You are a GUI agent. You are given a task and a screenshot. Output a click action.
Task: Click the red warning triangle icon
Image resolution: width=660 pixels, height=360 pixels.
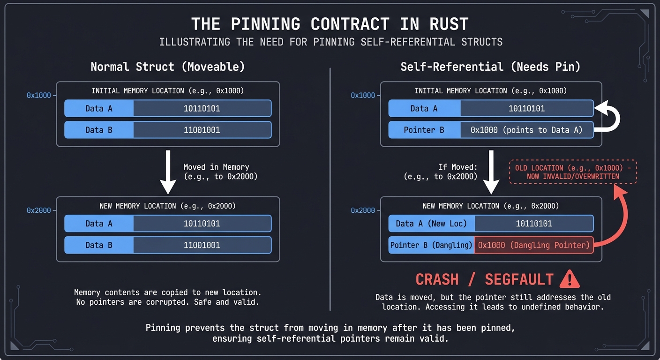(570, 279)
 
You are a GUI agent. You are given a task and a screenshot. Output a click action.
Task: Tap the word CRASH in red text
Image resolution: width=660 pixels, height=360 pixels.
(437, 279)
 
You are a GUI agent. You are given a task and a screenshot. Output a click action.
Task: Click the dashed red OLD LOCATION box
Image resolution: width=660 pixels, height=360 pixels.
(573, 172)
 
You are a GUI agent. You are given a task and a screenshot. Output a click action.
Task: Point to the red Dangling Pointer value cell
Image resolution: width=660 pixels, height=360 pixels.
(534, 245)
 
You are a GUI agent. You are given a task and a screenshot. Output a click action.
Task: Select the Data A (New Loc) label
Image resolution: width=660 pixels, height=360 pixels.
(432, 224)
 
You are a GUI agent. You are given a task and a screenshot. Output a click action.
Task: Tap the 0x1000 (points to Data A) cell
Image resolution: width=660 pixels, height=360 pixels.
(526, 130)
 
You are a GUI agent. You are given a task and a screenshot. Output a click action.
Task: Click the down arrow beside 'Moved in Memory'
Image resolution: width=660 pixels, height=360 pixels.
(167, 172)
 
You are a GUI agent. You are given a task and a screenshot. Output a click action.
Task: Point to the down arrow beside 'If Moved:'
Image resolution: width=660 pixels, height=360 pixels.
(491, 172)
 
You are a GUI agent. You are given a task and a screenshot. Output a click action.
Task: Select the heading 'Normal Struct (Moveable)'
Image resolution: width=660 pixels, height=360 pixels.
(167, 67)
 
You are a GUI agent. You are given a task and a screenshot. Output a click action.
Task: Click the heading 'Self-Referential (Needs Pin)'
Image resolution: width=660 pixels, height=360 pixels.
(490, 67)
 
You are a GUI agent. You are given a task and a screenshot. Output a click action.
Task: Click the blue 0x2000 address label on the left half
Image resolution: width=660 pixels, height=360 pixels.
(38, 210)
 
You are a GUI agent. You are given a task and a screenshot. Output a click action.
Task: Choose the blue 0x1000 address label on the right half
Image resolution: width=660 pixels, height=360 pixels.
(363, 96)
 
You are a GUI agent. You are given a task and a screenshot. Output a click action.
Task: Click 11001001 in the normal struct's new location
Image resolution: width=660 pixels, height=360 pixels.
(202, 245)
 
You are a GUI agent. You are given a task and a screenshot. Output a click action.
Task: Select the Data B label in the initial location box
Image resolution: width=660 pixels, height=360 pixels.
(99, 130)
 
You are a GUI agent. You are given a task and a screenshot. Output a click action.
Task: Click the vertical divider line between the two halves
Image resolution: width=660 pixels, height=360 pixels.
(330, 187)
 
